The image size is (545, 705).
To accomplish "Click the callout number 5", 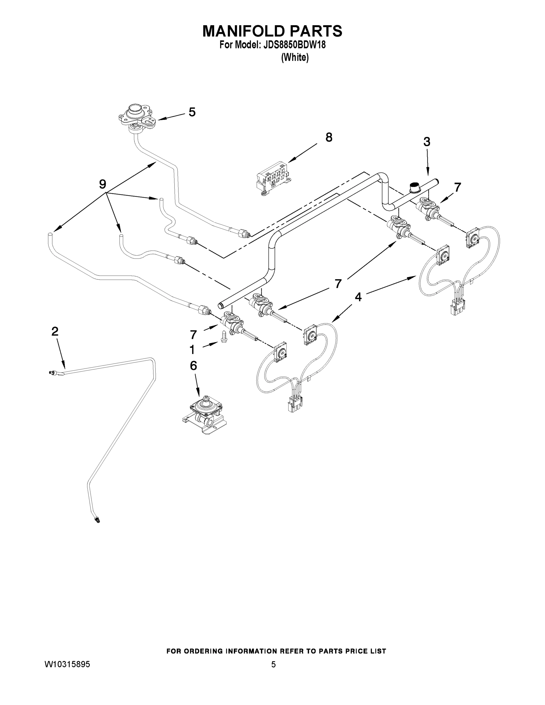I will pyautogui.click(x=192, y=112).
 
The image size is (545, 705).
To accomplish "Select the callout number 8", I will pyautogui.click(x=329, y=137).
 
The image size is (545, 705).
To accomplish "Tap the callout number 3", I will pyautogui.click(x=427, y=142).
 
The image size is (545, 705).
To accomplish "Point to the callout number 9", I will pyautogui.click(x=102, y=184).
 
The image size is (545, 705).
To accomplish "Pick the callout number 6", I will pyautogui.click(x=193, y=366).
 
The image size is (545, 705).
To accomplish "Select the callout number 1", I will pyautogui.click(x=192, y=350).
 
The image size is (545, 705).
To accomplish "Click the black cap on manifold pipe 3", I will pyautogui.click(x=414, y=187).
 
